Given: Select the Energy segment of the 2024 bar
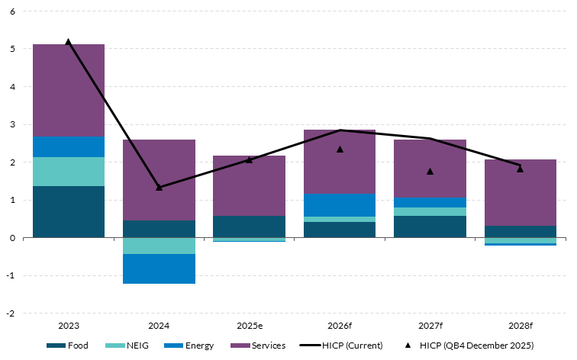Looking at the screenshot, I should pyautogui.click(x=159, y=268).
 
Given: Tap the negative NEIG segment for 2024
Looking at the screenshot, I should pyautogui.click(x=159, y=246).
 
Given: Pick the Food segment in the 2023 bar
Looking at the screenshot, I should pyautogui.click(x=68, y=211).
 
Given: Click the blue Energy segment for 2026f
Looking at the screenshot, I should pyautogui.click(x=340, y=204).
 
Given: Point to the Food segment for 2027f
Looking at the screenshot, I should pyautogui.click(x=430, y=227).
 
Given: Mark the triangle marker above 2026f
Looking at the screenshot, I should pyautogui.click(x=340, y=149).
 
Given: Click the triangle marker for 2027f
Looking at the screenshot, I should pyautogui.click(x=430, y=171).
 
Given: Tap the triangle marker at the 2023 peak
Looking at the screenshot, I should pyautogui.click(x=69, y=42).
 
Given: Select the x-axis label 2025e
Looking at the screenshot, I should pyautogui.click(x=249, y=326).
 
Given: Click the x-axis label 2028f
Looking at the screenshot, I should pyautogui.click(x=521, y=326).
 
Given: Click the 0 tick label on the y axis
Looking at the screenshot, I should pyautogui.click(x=13, y=238).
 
